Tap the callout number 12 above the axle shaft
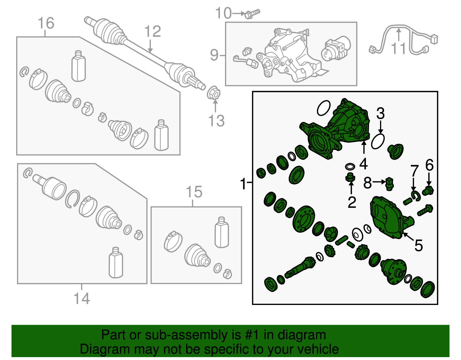[x=152, y=31]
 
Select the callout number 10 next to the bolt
[x=223, y=13]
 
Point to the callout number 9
[x=214, y=55]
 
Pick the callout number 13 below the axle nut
[x=216, y=121]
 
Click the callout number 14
[x=82, y=298]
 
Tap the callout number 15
[x=194, y=192]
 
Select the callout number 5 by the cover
[x=419, y=246]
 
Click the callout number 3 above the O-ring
[x=380, y=113]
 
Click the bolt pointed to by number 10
[x=252, y=14]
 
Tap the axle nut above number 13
[x=214, y=93]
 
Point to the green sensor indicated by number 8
[x=389, y=184]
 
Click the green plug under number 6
[x=428, y=191]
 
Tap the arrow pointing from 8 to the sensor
[x=379, y=182]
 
